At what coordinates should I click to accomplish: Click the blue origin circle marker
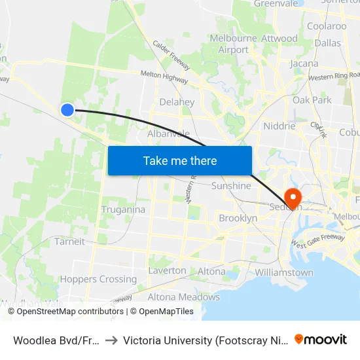pyautogui.click(x=67, y=110)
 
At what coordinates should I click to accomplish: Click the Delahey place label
pyautogui.click(x=177, y=102)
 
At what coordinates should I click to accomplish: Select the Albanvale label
pyautogui.click(x=168, y=134)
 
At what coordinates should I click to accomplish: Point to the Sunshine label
pyautogui.click(x=231, y=186)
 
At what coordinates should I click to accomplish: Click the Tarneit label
pyautogui.click(x=69, y=242)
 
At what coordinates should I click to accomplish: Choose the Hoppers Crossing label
pyautogui.click(x=98, y=279)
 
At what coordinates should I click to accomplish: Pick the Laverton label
pyautogui.click(x=168, y=270)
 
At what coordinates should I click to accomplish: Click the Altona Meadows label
pyautogui.click(x=183, y=297)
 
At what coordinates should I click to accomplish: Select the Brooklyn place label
pyautogui.click(x=238, y=218)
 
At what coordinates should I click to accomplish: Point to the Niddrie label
pyautogui.click(x=279, y=126)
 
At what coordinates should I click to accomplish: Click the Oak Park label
pyautogui.click(x=312, y=100)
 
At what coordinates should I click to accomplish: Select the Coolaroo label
pyautogui.click(x=327, y=26)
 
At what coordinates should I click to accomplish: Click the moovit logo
pyautogui.click(x=321, y=339)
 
